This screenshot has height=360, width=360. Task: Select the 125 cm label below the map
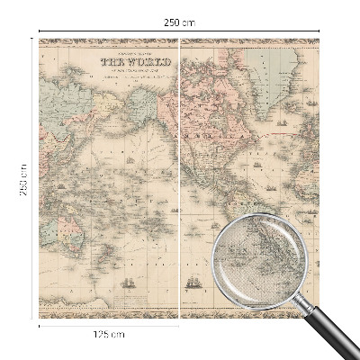click(x=109, y=335)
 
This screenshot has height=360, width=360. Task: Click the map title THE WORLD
click(x=125, y=63)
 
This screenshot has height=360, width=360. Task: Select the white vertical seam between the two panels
click(x=181, y=180)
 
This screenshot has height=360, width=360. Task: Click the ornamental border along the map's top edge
click(x=180, y=41)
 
